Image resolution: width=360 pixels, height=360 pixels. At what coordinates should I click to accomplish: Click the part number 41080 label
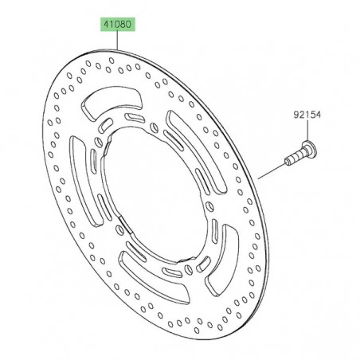(118, 25)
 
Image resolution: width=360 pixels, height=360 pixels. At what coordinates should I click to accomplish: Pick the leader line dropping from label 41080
(118, 41)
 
